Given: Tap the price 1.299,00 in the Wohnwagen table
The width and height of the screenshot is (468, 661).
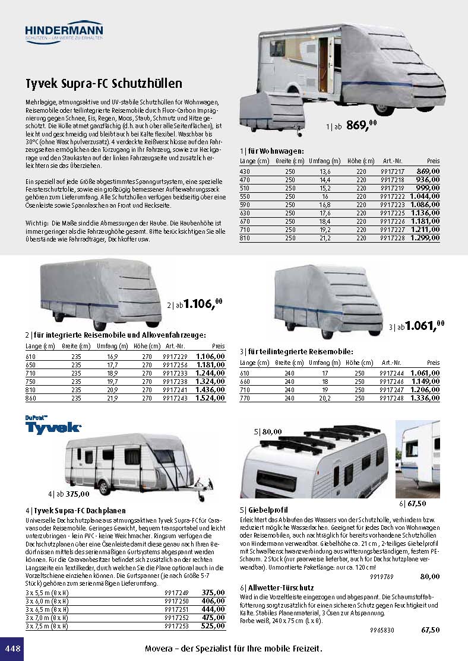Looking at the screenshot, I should point(425,237).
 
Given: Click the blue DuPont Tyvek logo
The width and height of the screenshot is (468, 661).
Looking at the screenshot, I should point(54,426).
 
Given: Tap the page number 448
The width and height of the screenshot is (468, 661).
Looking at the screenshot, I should point(12,648).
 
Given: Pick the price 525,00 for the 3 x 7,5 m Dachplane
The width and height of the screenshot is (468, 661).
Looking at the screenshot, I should point(213,625).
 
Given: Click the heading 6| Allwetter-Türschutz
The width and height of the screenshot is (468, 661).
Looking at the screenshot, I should point(277,587).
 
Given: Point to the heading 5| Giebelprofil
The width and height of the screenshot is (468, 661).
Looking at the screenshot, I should point(264,509).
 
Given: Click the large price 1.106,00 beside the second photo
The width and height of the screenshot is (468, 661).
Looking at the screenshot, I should point(202,304).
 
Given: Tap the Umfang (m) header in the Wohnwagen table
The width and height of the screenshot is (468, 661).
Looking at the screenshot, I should point(328,161).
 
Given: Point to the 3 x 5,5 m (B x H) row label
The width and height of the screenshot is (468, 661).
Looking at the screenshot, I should point(47,592).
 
